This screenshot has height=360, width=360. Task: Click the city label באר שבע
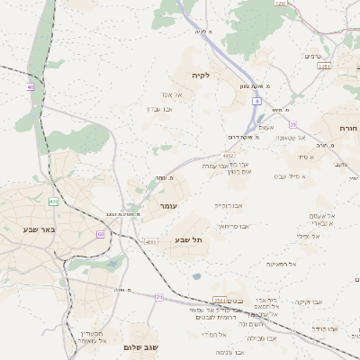coord(39,229)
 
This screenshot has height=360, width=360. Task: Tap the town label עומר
coord(168,207)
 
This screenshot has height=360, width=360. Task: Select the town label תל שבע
coord(188,239)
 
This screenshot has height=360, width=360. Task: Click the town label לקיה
coord(200,76)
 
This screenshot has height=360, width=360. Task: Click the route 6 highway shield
coord(256,103)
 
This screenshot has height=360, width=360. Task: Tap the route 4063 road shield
coord(150,242)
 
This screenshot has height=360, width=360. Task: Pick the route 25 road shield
coord(159,296)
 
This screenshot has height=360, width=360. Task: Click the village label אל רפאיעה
coord(282,264)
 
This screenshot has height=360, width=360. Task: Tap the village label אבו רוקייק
coord(227,206)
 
